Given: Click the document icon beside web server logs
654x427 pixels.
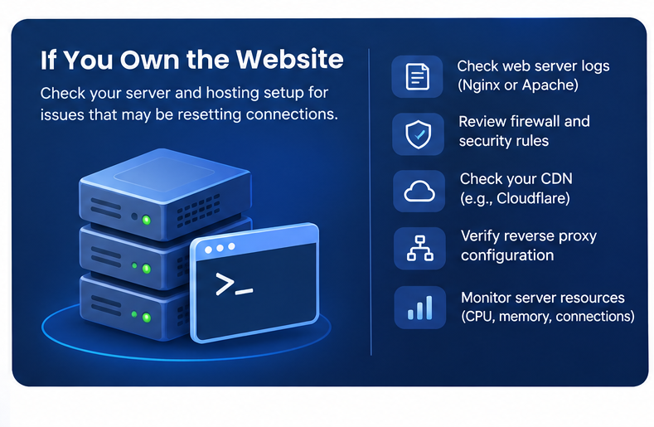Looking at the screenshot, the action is [417, 76].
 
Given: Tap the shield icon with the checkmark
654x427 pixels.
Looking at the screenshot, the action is [418, 134].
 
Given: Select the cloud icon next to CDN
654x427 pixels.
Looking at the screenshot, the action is [419, 192].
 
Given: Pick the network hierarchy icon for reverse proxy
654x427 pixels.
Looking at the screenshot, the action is [420, 249].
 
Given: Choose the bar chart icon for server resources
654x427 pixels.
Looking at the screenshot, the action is [419, 308].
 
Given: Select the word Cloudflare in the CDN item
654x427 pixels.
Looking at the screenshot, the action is [533, 198].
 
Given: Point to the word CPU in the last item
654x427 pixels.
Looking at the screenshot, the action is [479, 317].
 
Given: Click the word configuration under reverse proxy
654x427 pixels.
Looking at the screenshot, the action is [507, 255].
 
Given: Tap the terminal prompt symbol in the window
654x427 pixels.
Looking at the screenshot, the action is [234, 284].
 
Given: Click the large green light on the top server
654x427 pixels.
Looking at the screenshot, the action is [147, 220].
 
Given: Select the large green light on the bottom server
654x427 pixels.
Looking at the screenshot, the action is [147, 318].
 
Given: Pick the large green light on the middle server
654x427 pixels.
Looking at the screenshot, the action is [147, 269].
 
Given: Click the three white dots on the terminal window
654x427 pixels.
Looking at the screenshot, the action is [220, 249].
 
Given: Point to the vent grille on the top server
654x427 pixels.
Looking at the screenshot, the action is [198, 211].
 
